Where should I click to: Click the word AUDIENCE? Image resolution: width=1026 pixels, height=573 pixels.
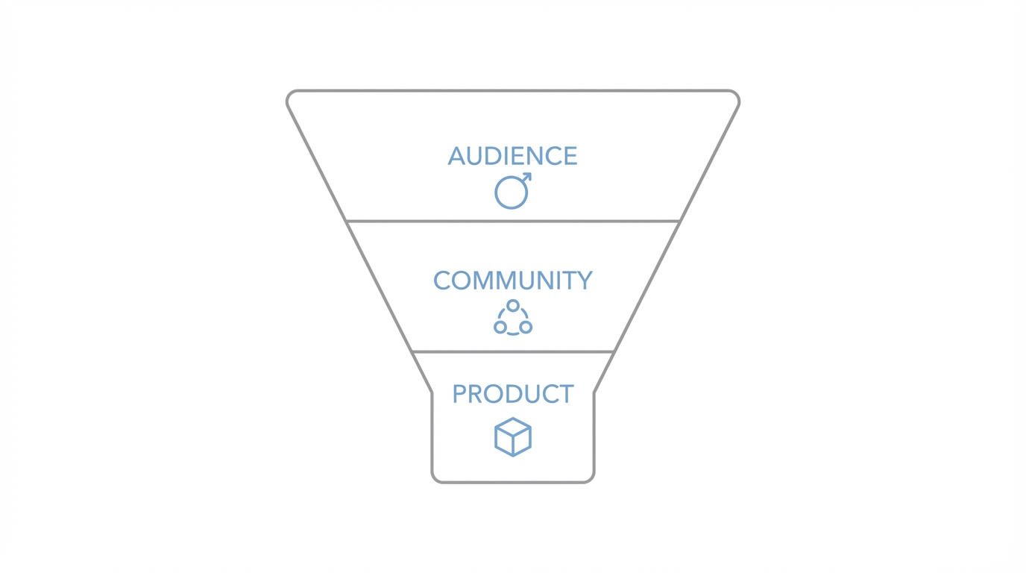(512, 156)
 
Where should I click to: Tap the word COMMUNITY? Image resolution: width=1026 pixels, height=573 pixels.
(512, 281)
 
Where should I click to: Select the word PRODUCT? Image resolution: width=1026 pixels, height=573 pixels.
(512, 394)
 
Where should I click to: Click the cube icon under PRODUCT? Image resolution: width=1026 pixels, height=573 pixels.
(513, 437)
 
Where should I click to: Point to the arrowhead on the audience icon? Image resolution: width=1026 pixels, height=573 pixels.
(528, 177)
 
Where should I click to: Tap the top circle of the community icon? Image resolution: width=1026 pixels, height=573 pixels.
(513, 306)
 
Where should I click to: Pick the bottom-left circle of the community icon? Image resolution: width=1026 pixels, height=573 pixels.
(500, 327)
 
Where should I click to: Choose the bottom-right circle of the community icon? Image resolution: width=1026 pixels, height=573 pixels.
(526, 327)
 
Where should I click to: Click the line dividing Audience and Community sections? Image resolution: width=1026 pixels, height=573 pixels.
(513, 221)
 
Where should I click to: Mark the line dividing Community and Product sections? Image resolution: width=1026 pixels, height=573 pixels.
(513, 351)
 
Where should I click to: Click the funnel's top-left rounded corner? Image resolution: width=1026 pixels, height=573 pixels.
(291, 95)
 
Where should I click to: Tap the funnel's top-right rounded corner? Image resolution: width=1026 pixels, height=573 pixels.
(735, 95)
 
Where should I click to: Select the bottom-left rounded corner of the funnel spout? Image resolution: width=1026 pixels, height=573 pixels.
(435, 478)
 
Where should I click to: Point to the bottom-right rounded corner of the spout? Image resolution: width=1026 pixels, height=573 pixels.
(591, 478)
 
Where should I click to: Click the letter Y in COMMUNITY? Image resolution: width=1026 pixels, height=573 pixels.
(584, 281)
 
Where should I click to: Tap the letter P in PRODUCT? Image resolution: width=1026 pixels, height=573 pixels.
(459, 394)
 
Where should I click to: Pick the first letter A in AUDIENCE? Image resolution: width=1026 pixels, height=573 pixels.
(456, 156)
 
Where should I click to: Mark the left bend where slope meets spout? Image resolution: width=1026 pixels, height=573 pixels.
(432, 392)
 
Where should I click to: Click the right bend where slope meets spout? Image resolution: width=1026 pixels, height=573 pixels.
(594, 392)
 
